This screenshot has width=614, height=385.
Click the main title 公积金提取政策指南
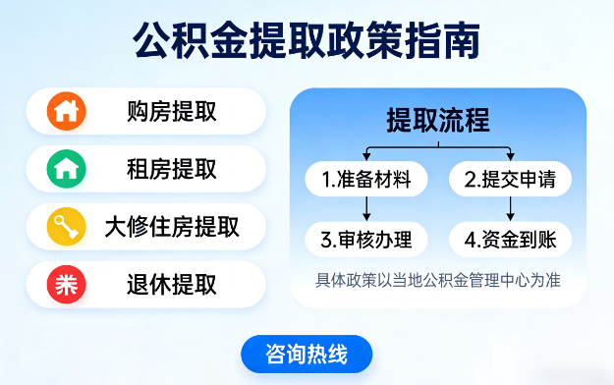307,42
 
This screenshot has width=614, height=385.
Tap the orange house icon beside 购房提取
66,111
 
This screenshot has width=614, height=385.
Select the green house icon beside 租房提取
66,169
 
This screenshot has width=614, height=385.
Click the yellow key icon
66,227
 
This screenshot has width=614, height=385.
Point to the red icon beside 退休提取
66,285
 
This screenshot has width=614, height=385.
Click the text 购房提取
172,111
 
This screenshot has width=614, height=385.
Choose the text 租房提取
172,169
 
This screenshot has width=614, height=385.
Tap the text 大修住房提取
172,227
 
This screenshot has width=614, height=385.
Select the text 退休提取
172,285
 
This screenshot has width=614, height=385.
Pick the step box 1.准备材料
366,180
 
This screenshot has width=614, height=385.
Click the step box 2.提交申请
510,180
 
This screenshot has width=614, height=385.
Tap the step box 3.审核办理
366,239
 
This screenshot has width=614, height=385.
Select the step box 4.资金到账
510,239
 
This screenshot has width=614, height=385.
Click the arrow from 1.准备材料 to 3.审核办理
366,208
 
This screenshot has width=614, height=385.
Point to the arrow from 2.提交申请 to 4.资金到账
510,208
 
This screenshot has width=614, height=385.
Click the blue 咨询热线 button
307,354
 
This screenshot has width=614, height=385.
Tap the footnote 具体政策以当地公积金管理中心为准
438,279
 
